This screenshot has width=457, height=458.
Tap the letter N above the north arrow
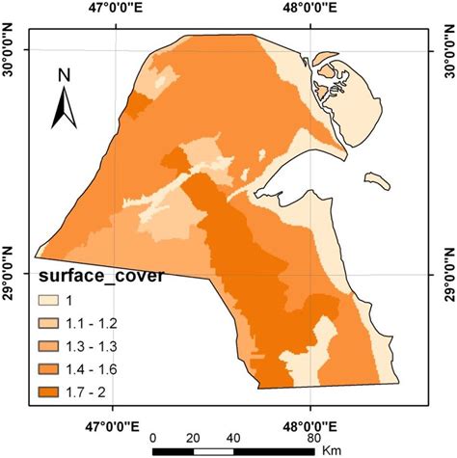pyautogui.click(x=64, y=75)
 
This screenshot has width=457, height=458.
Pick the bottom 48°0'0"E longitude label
pyautogui.click(x=311, y=423)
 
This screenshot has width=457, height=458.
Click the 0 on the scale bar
pyautogui.click(x=155, y=436)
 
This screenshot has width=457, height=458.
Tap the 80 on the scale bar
pyautogui.click(x=313, y=436)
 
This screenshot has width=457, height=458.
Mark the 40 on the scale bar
pyautogui.click(x=234, y=436)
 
